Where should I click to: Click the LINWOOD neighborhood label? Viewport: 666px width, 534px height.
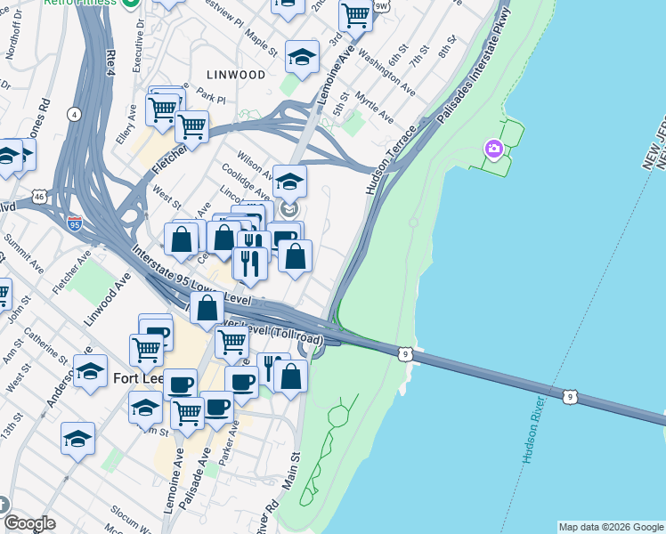(x=236, y=75)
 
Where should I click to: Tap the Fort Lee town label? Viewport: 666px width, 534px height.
(x=138, y=378)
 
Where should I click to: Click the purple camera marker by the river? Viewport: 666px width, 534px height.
(x=494, y=149)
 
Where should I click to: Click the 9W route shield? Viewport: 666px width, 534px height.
(x=382, y=6)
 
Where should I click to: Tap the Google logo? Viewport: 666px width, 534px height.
(x=29, y=523)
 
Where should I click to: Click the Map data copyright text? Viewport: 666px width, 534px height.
(x=611, y=527)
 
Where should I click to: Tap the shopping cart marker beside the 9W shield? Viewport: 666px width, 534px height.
(x=356, y=15)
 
